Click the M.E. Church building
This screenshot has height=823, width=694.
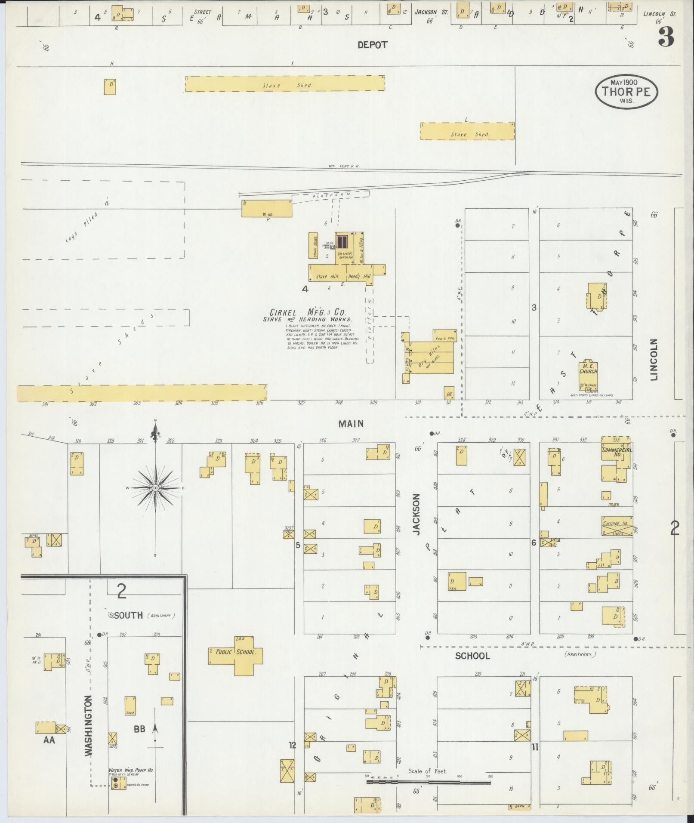click(x=588, y=375)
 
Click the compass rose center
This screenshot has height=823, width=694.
click(x=155, y=488)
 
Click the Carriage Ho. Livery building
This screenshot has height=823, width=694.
click(x=617, y=526)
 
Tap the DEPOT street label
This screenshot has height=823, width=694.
click(x=372, y=45)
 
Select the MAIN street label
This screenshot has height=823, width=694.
click(x=351, y=424)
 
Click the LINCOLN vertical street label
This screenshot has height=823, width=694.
click(x=654, y=359)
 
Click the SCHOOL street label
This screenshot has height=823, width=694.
click(x=472, y=656)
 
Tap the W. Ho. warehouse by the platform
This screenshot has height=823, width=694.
click(x=267, y=209)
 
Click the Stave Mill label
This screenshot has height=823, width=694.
click(x=327, y=277)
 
